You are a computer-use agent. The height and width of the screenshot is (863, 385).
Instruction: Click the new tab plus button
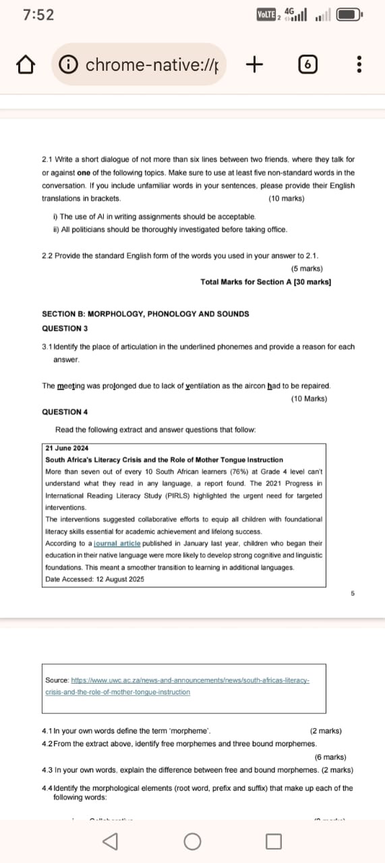(x=254, y=65)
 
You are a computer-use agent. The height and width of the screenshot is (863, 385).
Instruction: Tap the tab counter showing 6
(x=307, y=65)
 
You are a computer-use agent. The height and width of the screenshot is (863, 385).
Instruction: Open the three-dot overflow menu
(x=359, y=65)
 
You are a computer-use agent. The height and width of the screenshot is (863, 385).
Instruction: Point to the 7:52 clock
(x=38, y=15)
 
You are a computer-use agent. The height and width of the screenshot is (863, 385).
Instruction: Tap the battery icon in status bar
(x=349, y=15)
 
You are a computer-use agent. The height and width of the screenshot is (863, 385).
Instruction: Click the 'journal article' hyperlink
(x=117, y=543)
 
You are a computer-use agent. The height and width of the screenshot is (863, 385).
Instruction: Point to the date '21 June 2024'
(x=67, y=448)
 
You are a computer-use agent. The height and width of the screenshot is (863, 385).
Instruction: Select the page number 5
(x=352, y=593)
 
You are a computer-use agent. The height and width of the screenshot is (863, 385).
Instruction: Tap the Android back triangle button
(x=109, y=841)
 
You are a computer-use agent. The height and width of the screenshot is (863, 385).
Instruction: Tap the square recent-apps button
(x=273, y=841)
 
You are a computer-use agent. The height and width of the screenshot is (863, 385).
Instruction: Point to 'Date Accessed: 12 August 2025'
(x=94, y=579)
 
